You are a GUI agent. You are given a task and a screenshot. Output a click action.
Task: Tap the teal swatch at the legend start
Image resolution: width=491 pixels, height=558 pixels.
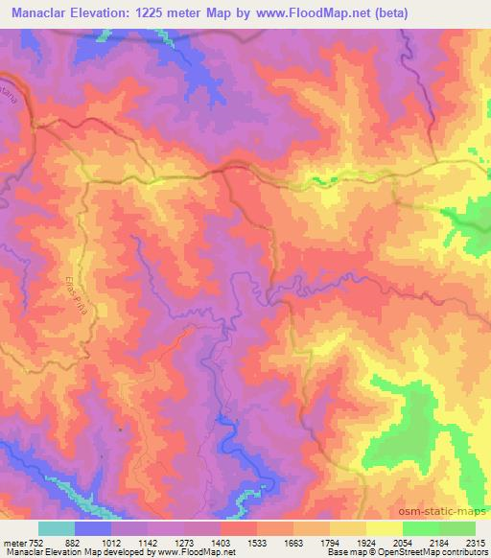tap(57, 528)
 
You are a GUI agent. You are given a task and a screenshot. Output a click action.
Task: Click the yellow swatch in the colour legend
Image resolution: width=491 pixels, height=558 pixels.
tap(384, 528)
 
